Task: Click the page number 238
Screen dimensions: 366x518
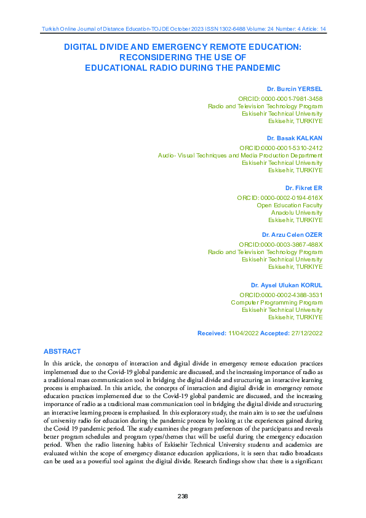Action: (182, 496)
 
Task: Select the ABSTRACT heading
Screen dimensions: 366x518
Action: (62, 351)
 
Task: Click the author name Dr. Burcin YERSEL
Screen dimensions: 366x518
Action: (295, 89)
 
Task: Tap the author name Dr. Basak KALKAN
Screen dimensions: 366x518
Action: (295, 138)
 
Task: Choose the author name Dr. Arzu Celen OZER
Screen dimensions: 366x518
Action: (292, 235)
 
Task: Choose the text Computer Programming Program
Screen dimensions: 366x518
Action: (276, 302)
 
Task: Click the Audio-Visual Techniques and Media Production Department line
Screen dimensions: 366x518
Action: (240, 155)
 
